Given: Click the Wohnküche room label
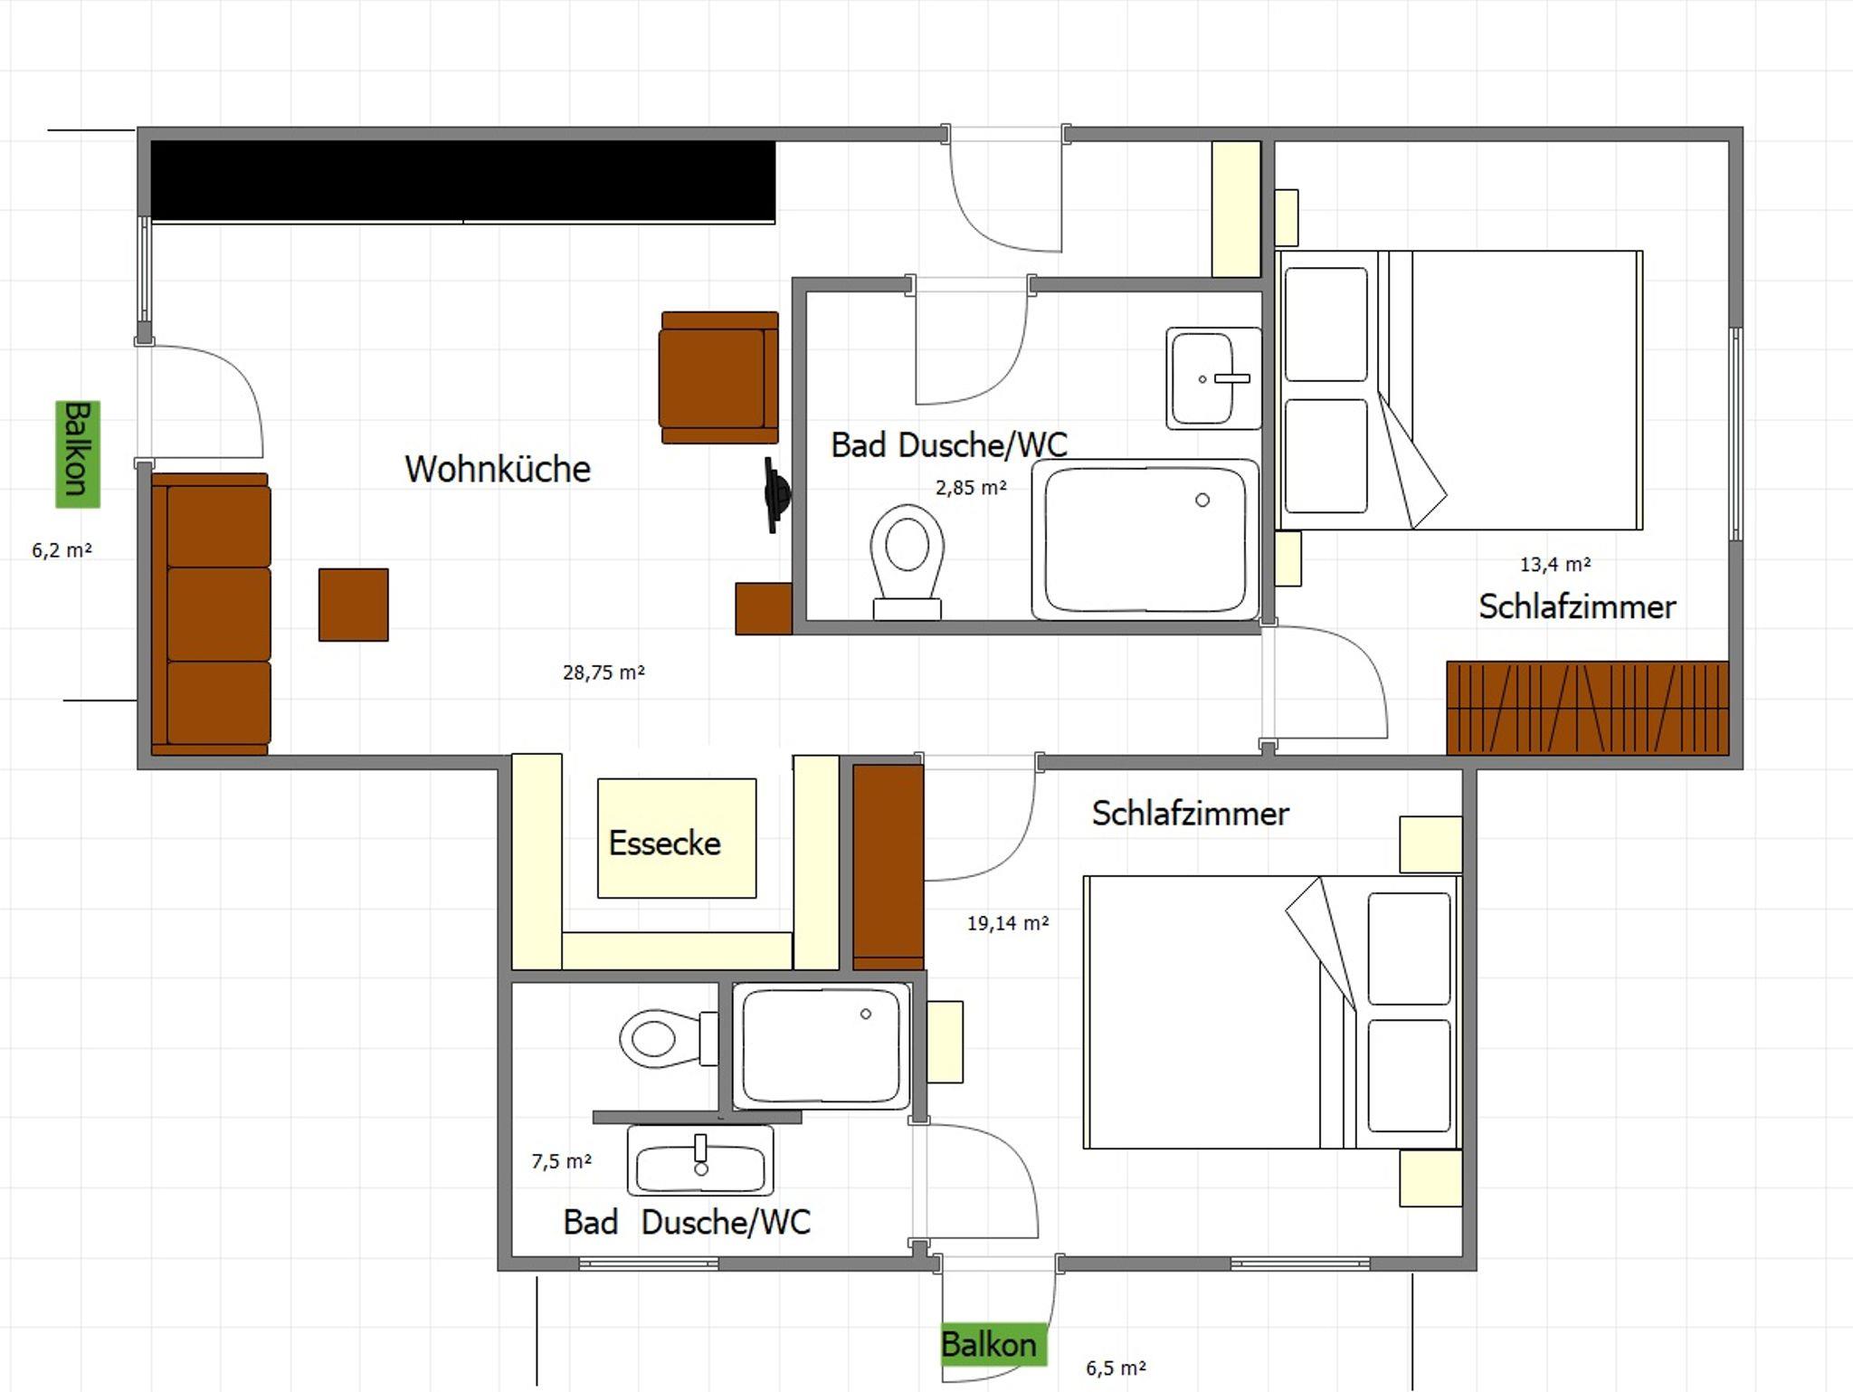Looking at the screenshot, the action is (x=498, y=469).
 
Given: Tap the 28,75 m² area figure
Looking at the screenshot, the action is (x=603, y=672).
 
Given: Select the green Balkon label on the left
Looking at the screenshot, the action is (x=78, y=453).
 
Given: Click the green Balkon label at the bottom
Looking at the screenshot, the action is (x=993, y=1344).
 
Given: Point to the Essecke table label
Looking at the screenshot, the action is (x=665, y=844).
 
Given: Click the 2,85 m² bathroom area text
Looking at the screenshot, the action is (x=971, y=488).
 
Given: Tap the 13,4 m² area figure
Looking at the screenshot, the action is (x=1555, y=565).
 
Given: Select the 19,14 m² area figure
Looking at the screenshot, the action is (x=1008, y=923).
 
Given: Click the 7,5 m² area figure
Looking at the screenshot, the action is (x=562, y=1161).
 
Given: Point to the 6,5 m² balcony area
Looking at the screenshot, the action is (x=1117, y=1368).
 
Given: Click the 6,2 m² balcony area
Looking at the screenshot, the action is (x=62, y=550).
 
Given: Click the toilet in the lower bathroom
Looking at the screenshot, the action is (x=669, y=1037).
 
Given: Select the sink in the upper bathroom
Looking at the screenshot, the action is (x=1213, y=378).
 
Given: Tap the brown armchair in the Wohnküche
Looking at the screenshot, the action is (x=719, y=377).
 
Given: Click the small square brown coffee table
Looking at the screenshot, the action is (x=354, y=605).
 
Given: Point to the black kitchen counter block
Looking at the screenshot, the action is (x=462, y=181).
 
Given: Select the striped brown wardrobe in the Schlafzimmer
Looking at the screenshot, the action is (x=1588, y=708).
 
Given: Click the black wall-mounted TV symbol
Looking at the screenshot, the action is (x=775, y=495).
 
